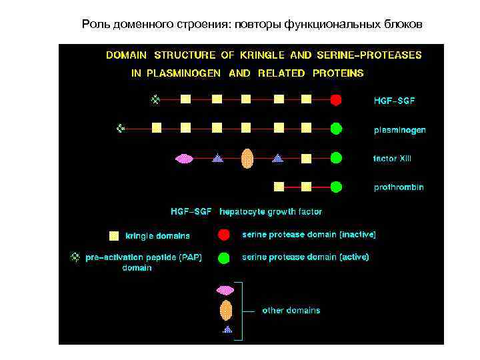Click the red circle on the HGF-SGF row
coord(336,100)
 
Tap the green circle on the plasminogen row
coord(336,128)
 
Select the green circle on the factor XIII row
coord(336,158)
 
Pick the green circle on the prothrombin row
coord(336,187)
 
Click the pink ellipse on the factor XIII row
coord(185,159)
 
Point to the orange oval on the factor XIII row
coord(247,158)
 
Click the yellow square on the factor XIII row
coord(306,159)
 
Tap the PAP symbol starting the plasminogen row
coord(121,127)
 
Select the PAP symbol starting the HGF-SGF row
coord(155,99)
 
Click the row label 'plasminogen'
coord(399,130)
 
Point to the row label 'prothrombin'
coord(398,187)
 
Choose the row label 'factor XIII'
coord(393,159)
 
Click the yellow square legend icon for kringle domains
coord(114,235)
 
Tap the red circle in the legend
coord(225,235)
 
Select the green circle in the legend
coord(225,257)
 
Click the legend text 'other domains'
coord(291,310)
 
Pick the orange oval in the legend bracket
coord(226,310)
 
